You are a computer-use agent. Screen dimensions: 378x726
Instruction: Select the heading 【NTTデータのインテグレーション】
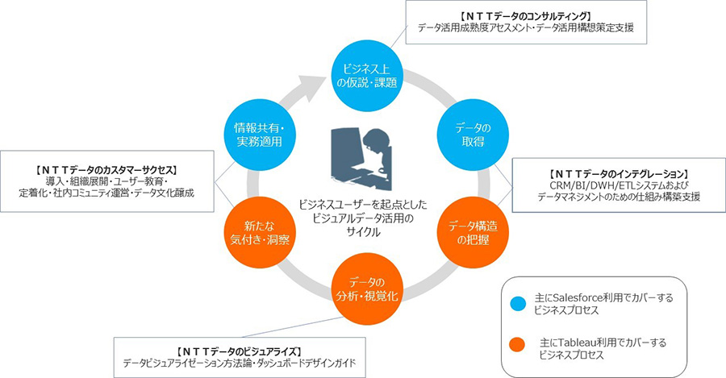[618, 173]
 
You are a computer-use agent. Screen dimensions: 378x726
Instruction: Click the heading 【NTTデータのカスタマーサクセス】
[106, 169]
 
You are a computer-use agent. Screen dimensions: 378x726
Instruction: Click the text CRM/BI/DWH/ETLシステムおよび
[618, 185]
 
